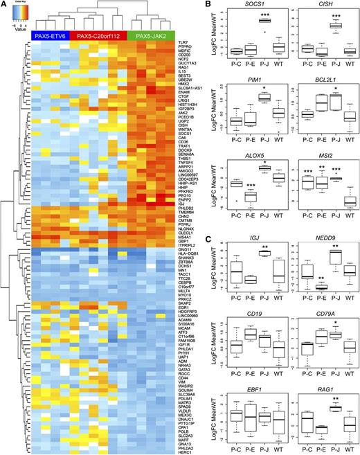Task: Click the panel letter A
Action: pos(4,5)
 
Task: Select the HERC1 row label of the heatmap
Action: pos(183,443)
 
